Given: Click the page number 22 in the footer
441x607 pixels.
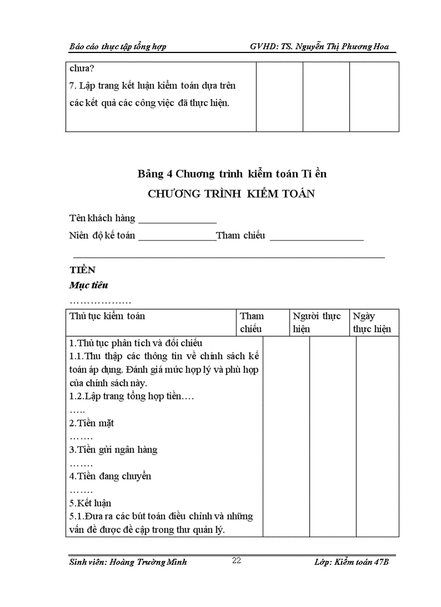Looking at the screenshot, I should click(x=236, y=561).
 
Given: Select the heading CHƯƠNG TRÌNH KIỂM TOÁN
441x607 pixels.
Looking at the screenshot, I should click(x=231, y=195).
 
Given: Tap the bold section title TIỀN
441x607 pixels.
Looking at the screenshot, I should click(x=82, y=270).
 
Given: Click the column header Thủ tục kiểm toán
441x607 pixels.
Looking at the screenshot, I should click(x=107, y=316).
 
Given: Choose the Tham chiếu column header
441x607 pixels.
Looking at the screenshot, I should click(x=252, y=323).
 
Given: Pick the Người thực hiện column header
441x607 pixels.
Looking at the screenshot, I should click(x=317, y=323).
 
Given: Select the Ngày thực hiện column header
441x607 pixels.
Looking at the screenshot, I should click(x=372, y=323).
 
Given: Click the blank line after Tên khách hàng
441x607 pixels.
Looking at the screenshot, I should click(x=177, y=221).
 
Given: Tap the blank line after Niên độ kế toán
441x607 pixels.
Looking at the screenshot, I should click(x=177, y=238).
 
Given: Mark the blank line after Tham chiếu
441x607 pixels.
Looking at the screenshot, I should click(x=316, y=238).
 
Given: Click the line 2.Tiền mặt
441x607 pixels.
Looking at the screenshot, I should click(x=91, y=423).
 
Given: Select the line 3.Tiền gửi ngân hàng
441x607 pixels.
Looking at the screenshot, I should click(x=113, y=450).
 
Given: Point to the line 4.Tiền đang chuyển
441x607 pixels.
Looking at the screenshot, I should click(x=110, y=476).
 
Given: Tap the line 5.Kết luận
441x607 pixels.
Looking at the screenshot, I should click(x=90, y=503).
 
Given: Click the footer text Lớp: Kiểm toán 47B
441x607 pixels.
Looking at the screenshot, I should click(x=351, y=562).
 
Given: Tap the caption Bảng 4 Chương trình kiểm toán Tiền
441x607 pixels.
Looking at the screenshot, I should click(x=232, y=174).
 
